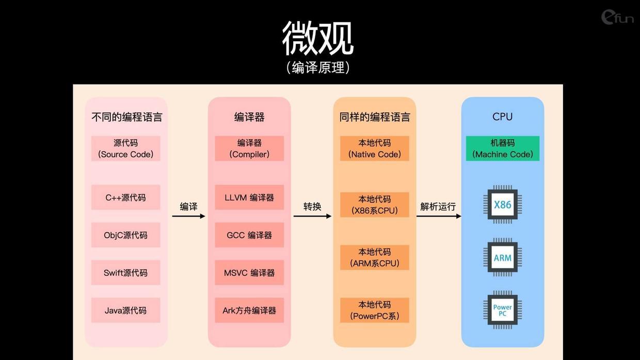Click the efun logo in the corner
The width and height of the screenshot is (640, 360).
pyautogui.click(x=617, y=18)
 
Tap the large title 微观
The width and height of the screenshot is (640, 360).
pyautogui.click(x=318, y=38)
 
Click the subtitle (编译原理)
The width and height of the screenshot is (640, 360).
pyautogui.click(x=318, y=68)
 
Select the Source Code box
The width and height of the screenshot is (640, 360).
pyautogui.click(x=126, y=149)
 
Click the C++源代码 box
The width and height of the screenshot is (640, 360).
pyautogui.click(x=126, y=197)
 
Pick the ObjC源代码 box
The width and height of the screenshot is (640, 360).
pyautogui.click(x=126, y=235)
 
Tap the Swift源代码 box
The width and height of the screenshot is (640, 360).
pyautogui.click(x=126, y=273)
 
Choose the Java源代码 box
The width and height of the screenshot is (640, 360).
pyautogui.click(x=126, y=310)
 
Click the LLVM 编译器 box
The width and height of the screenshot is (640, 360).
pyautogui.click(x=249, y=197)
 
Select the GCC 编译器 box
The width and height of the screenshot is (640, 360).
pyautogui.click(x=249, y=235)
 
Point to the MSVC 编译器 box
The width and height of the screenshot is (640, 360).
pyautogui.click(x=249, y=273)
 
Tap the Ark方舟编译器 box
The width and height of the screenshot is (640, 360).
pyautogui.click(x=249, y=310)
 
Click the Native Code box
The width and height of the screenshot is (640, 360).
pyautogui.click(x=375, y=149)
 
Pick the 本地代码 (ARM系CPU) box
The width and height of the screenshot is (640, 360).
pyautogui.click(x=375, y=257)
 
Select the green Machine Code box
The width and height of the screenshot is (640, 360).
pyautogui.click(x=503, y=149)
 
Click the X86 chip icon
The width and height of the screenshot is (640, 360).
pyautogui.click(x=503, y=204)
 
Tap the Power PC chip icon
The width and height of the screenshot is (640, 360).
pyautogui.click(x=503, y=310)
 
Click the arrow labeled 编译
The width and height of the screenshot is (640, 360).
pyautogui.click(x=188, y=216)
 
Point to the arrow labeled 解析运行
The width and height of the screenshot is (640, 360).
pyautogui.click(x=439, y=216)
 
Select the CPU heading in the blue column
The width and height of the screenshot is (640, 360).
pyautogui.click(x=503, y=117)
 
